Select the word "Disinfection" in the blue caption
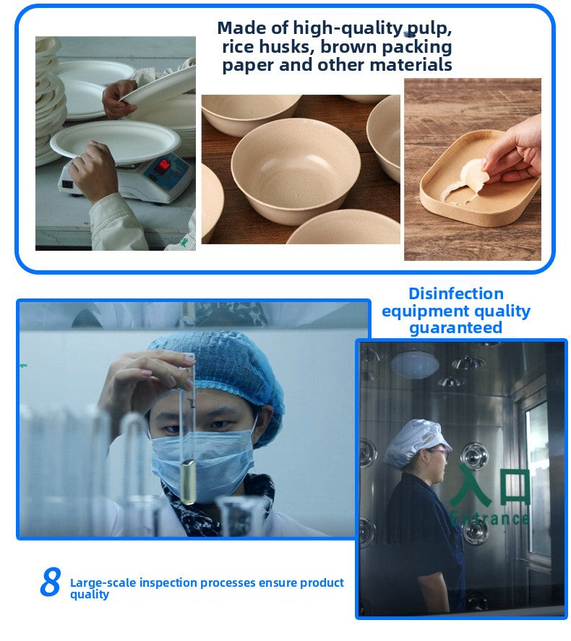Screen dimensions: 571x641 pos(456,293)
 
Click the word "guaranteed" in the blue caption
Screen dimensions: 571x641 pos(456,328)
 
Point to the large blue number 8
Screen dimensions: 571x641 pos(51,581)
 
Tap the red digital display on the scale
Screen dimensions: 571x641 pos(163,165)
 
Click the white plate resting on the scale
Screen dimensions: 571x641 pos(115,141)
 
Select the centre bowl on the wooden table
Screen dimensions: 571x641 pos(295,169)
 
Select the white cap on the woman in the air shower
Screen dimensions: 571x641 pos(416,442)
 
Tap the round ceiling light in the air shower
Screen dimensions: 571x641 pos(414,364)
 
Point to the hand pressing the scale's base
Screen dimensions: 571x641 pos(94,171)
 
